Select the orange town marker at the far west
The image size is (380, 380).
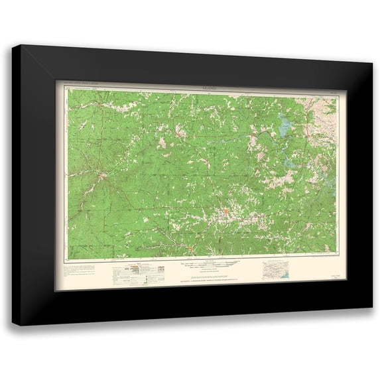pos(102,176)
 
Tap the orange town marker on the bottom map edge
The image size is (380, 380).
pos(190,249)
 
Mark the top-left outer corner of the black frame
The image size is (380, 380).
pos(20,44)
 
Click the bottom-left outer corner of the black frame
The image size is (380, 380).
pos(12,326)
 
